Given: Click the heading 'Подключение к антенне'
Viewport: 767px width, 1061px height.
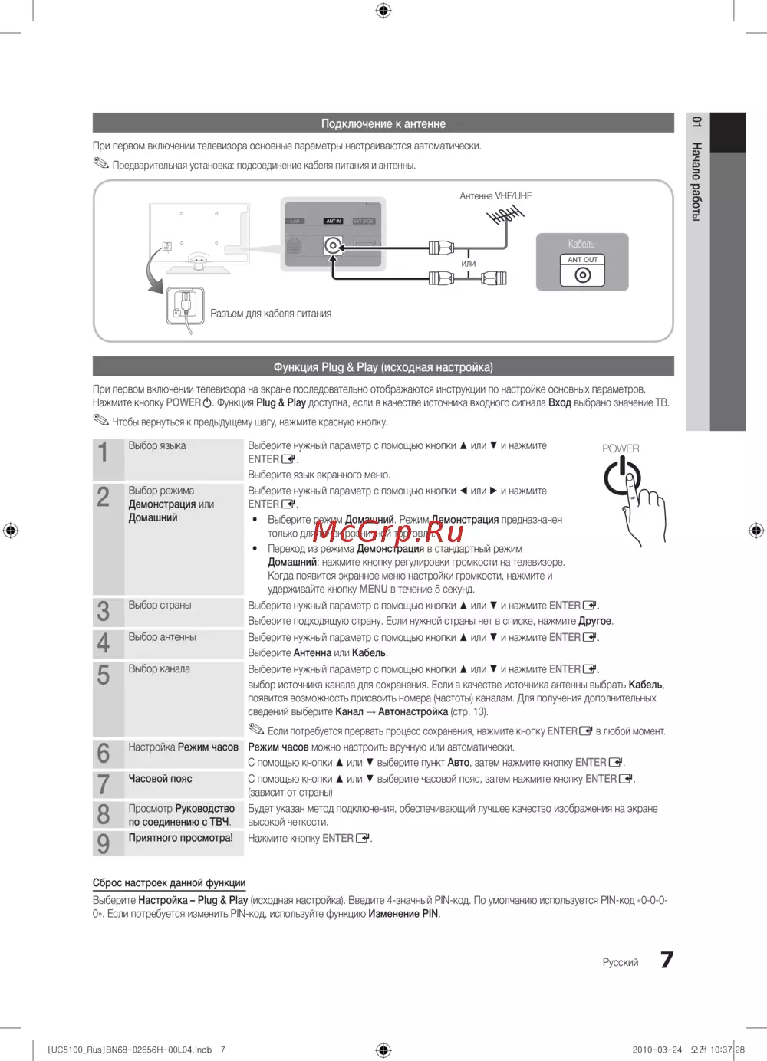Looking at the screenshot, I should click(x=383, y=123).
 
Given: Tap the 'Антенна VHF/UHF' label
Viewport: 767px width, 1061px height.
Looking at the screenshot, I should click(x=495, y=196).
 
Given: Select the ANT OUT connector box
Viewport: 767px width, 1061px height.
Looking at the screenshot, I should click(x=583, y=271).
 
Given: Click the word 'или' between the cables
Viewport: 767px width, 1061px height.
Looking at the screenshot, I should click(x=468, y=264).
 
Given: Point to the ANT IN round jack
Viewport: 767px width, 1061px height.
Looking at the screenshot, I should click(x=333, y=245).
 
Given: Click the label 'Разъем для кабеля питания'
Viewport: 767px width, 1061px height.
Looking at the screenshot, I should click(x=271, y=314).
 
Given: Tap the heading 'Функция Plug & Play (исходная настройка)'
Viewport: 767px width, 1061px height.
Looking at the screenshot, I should click(x=383, y=367).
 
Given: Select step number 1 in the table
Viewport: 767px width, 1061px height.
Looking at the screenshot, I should click(x=104, y=452).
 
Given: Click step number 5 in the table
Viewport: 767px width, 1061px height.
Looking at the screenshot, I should click(x=104, y=675).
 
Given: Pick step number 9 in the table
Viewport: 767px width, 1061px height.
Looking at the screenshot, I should click(x=104, y=844).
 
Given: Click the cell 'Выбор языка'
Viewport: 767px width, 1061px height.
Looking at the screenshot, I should click(x=157, y=446).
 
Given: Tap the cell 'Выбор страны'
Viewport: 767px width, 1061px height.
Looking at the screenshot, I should click(x=160, y=606).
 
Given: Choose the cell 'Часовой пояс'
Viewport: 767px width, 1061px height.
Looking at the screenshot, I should click(x=160, y=779).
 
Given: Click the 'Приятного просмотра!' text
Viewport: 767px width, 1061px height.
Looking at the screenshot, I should click(x=180, y=838).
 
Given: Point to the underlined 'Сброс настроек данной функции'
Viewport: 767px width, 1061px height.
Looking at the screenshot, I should click(x=169, y=883).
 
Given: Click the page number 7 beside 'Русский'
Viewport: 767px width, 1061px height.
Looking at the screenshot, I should click(x=667, y=960).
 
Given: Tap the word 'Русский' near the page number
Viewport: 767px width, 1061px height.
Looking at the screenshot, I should click(x=620, y=963).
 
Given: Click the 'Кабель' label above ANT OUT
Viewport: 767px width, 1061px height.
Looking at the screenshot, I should click(x=581, y=245).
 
